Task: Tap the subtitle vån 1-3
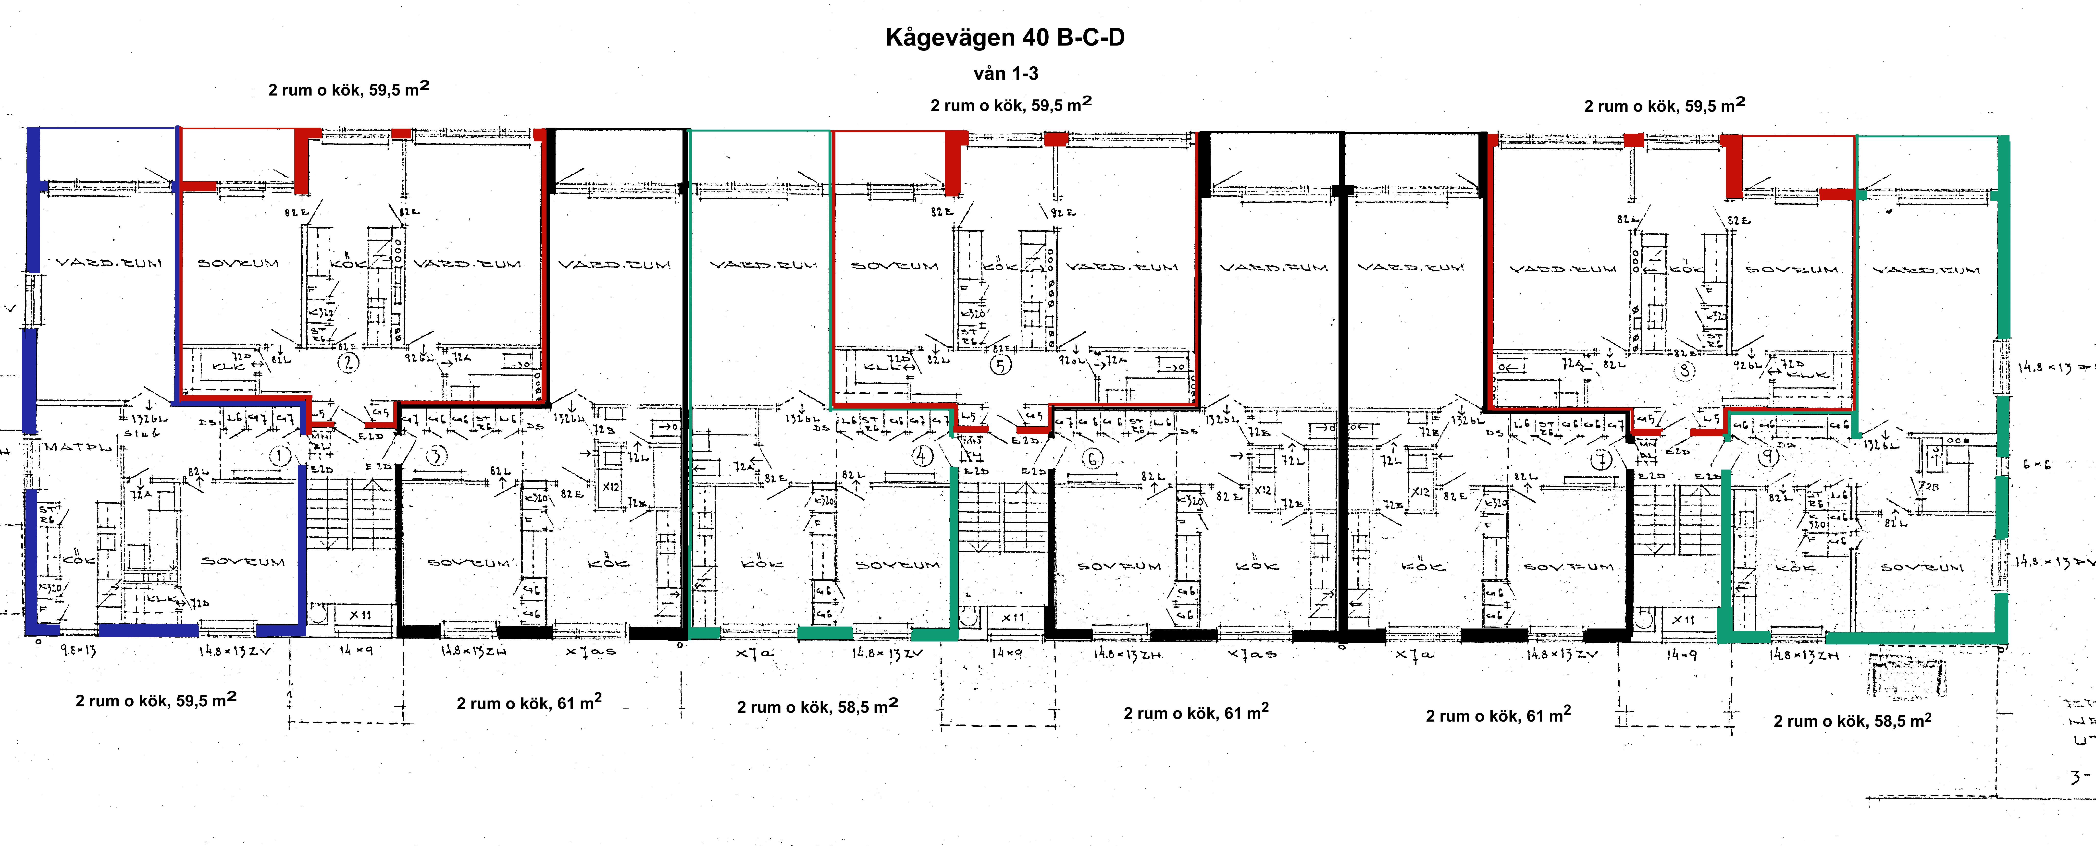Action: pos(1006,73)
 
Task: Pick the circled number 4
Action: pos(922,456)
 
